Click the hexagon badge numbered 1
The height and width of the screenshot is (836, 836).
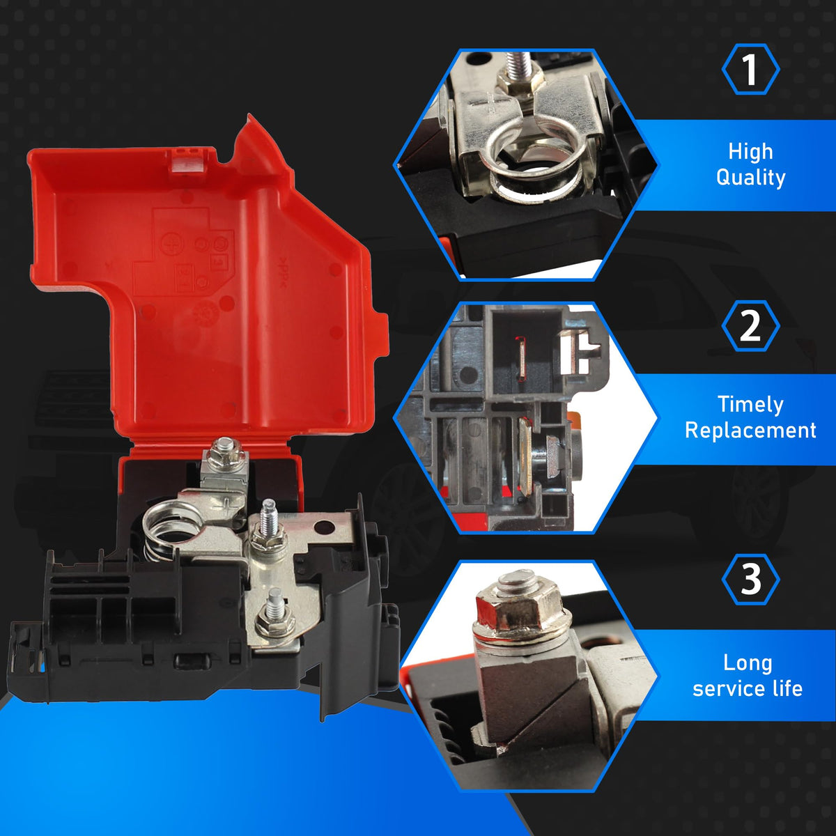(750, 70)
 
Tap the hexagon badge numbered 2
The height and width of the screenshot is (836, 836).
(750, 325)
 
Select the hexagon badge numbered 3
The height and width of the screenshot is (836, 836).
(750, 579)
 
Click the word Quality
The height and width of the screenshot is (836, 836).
(750, 178)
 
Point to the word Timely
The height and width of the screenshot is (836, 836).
(750, 405)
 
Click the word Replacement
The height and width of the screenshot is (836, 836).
(750, 431)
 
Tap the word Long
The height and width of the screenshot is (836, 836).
(748, 663)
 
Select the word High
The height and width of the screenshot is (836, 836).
(750, 151)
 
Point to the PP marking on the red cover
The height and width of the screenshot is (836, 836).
(282, 273)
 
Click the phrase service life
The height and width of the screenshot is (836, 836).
(748, 690)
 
